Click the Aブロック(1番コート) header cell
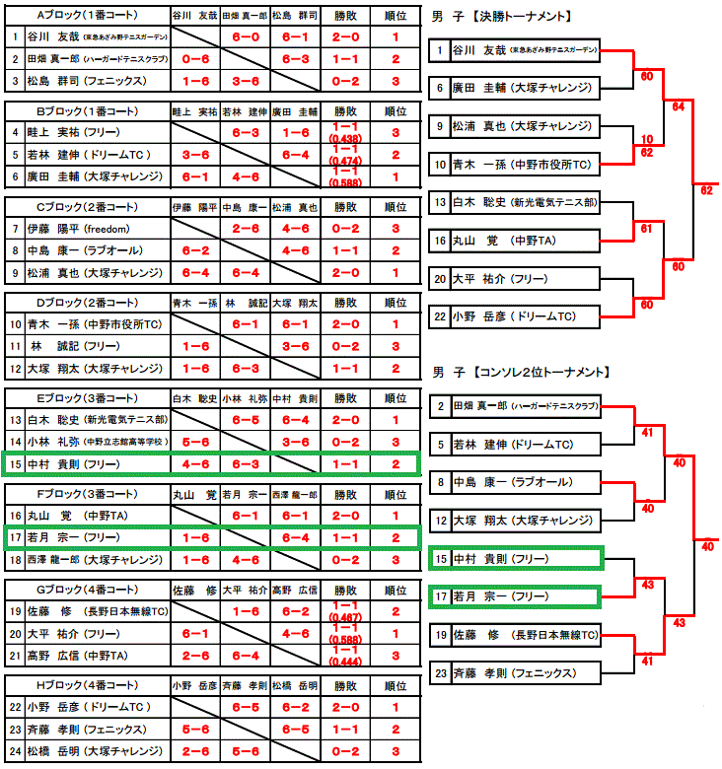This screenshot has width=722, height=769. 87,16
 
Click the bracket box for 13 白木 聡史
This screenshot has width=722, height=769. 516,202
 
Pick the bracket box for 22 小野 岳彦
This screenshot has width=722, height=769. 516,316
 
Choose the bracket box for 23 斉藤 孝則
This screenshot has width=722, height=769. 516,672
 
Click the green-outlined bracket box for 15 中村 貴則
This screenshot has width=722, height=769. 516,558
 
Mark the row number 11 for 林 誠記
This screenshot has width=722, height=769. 15,346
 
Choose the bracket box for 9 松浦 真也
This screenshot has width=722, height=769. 516,126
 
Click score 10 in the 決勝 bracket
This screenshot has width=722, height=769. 646,140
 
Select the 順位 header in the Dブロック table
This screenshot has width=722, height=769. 395,303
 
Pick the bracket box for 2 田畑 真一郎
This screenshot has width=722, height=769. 516,406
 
